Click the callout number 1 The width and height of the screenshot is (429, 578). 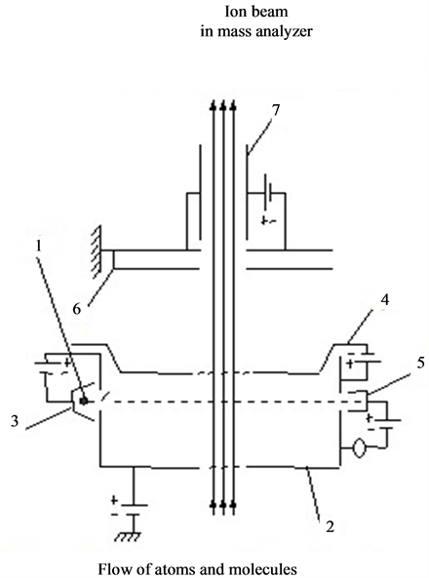pyautogui.click(x=38, y=247)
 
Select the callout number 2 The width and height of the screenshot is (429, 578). pyautogui.click(x=330, y=526)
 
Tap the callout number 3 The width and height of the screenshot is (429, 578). pyautogui.click(x=15, y=421)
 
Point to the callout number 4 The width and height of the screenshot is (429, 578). pyautogui.click(x=385, y=300)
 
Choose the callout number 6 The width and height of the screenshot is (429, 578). pyautogui.click(x=76, y=309)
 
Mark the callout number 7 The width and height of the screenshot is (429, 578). pyautogui.click(x=276, y=110)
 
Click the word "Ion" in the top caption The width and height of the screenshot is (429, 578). pyautogui.click(x=234, y=12)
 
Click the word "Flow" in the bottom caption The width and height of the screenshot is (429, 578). pyautogui.click(x=112, y=568)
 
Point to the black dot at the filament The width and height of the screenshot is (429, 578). pyautogui.click(x=84, y=401)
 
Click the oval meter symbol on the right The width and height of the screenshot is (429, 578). pyautogui.click(x=359, y=448)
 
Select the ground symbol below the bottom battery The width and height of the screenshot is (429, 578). pyautogui.click(x=128, y=536)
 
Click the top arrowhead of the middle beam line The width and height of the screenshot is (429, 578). pyautogui.click(x=222, y=105)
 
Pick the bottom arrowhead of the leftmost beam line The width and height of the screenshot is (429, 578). pyautogui.click(x=213, y=504)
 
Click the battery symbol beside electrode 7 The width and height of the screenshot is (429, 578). pyautogui.click(x=268, y=194)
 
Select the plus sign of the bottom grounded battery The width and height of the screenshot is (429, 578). pyautogui.click(x=114, y=500)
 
